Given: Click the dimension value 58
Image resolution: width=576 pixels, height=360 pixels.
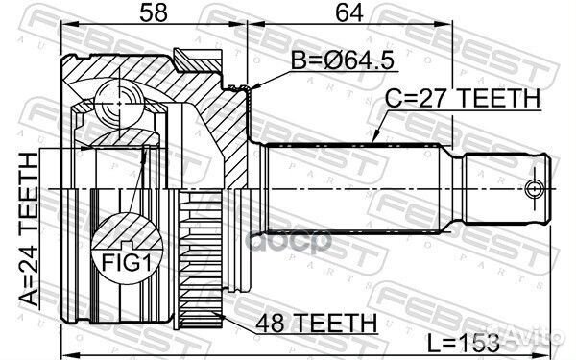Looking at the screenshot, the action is pos(154,12).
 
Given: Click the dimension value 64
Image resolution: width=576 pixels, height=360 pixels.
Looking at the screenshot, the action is pos(349,12).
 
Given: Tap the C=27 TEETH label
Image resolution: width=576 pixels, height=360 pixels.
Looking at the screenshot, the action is pos(463,98).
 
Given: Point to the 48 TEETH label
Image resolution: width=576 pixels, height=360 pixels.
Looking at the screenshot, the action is pos(317,324).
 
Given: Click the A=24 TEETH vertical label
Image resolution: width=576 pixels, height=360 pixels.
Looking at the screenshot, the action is pos(29,229).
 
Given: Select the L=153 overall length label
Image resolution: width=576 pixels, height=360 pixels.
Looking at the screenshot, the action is pos(464,343).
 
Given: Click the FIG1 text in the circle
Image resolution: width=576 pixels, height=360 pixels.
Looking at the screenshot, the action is pos(126,263).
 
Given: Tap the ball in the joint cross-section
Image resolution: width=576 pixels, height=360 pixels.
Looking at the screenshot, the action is pos(119,104).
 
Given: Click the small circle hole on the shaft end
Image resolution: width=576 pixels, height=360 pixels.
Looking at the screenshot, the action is pos(534,189).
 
